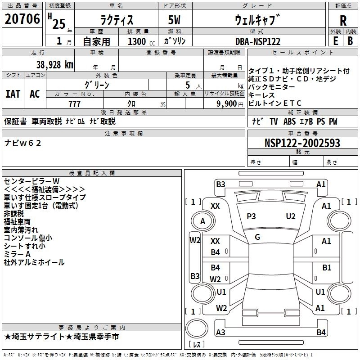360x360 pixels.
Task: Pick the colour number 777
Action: pos(74,104)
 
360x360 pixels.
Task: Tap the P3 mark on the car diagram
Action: pos(251,216)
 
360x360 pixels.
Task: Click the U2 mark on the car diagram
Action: pos(291,216)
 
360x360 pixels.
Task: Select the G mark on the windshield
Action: pos(257,237)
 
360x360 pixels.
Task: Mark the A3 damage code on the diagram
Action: pos(220,333)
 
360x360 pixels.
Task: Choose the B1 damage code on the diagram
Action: pos(327,268)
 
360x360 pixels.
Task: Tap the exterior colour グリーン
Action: pos(97,85)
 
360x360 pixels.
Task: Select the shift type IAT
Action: pos(13,94)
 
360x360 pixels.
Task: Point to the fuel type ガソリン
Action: pos(175,41)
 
